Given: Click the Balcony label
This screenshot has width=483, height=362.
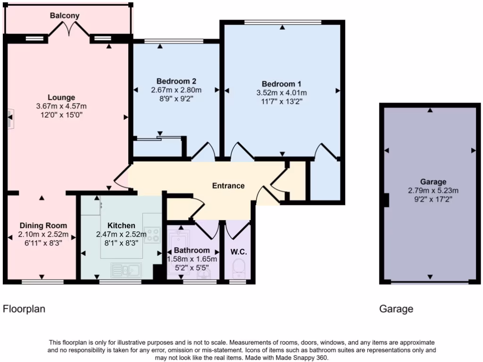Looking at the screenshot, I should click(65, 16).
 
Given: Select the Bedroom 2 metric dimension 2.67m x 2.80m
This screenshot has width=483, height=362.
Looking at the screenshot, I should click(176, 90).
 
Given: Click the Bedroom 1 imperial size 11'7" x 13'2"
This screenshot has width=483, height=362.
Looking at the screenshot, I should click(282, 101).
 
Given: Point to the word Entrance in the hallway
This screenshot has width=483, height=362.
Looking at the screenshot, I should click(228, 186).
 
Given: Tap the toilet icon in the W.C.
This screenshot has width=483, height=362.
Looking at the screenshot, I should click(240, 269).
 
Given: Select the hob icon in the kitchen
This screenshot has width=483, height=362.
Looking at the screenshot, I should click(152, 234).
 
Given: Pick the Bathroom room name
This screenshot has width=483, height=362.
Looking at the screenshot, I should click(192, 250).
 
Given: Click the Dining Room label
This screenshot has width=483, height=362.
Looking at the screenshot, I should click(43, 225).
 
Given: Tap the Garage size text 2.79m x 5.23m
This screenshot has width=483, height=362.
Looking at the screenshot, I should click(433, 191).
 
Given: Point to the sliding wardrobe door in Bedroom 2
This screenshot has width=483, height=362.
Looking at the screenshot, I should click(158, 138).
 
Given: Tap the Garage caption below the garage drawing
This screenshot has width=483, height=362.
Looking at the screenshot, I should click(396, 309).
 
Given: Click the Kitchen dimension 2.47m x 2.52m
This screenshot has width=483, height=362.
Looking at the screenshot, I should click(121, 234).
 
